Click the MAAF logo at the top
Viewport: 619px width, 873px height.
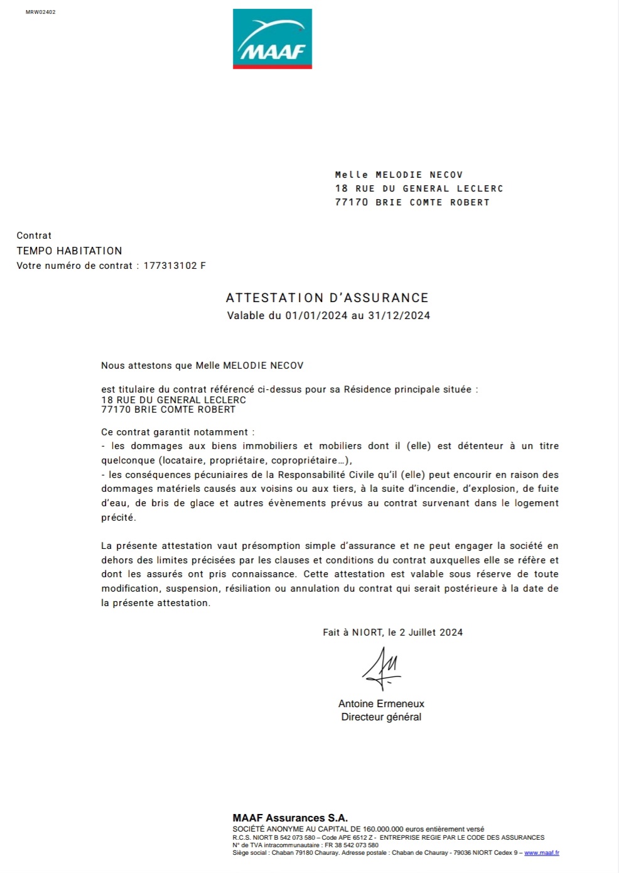tap(272, 39)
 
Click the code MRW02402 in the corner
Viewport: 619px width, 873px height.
tap(40, 12)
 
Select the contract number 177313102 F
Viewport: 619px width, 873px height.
tap(175, 266)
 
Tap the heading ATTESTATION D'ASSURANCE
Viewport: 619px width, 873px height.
tap(327, 298)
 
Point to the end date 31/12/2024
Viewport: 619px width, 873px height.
tap(399, 315)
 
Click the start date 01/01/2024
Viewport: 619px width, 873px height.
tap(316, 315)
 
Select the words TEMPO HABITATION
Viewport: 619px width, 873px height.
tap(69, 251)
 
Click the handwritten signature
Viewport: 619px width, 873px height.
tap(382, 669)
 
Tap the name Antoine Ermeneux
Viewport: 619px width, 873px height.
tap(381, 703)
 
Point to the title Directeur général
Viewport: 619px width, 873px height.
tap(381, 717)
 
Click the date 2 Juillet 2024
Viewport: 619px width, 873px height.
tap(431, 632)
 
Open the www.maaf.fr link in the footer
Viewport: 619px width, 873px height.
tap(541, 853)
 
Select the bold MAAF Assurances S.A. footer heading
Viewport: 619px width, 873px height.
tap(290, 818)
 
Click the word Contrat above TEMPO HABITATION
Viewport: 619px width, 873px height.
tap(34, 236)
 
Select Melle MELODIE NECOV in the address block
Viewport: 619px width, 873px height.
tap(399, 175)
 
